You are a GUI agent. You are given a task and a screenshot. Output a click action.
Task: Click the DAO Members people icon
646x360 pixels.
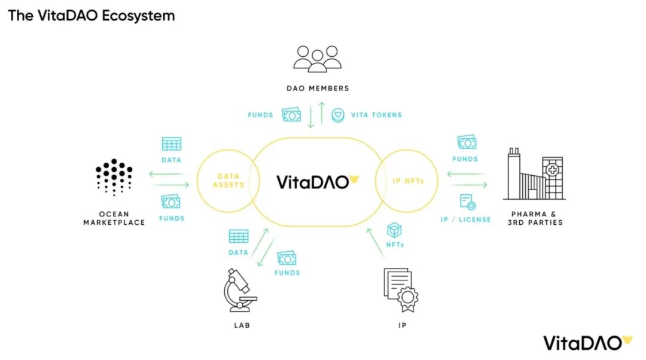[x=317, y=59]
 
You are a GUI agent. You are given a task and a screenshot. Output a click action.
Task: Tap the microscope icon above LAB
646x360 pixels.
[x=240, y=290]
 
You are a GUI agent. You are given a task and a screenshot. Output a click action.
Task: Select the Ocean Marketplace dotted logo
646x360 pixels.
[x=114, y=177]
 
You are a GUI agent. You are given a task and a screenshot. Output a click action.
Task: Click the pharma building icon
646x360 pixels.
[x=534, y=174]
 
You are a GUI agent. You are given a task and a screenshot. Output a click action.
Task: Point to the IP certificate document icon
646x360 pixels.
[x=401, y=290]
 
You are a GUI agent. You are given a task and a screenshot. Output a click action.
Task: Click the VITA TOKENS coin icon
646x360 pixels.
[x=338, y=115]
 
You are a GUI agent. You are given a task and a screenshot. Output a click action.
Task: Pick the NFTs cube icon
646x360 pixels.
[x=394, y=230]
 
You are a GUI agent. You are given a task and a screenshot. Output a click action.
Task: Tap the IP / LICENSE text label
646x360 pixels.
[x=465, y=219]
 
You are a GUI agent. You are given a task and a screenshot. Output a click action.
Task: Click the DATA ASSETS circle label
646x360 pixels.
[x=228, y=181]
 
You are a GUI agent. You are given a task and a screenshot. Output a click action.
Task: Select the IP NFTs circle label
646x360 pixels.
[x=409, y=181]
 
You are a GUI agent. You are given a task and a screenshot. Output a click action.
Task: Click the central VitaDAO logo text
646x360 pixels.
[x=317, y=182]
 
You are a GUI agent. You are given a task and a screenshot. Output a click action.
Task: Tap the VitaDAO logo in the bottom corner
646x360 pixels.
[x=587, y=343]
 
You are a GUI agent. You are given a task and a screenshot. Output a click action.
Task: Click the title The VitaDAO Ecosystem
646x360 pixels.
[x=92, y=16]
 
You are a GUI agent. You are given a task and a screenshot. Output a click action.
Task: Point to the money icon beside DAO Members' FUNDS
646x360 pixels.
[x=291, y=115]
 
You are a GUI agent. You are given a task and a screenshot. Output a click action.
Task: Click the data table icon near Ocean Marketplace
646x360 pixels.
[x=172, y=144]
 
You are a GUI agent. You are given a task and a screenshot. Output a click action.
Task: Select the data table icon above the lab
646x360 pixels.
[x=239, y=236]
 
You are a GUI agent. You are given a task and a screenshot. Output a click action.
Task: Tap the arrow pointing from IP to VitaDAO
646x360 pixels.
[x=376, y=243]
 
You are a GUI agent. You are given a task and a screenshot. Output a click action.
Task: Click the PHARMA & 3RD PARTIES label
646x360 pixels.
[x=535, y=218]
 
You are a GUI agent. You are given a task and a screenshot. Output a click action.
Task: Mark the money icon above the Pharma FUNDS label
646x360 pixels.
[x=467, y=142]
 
